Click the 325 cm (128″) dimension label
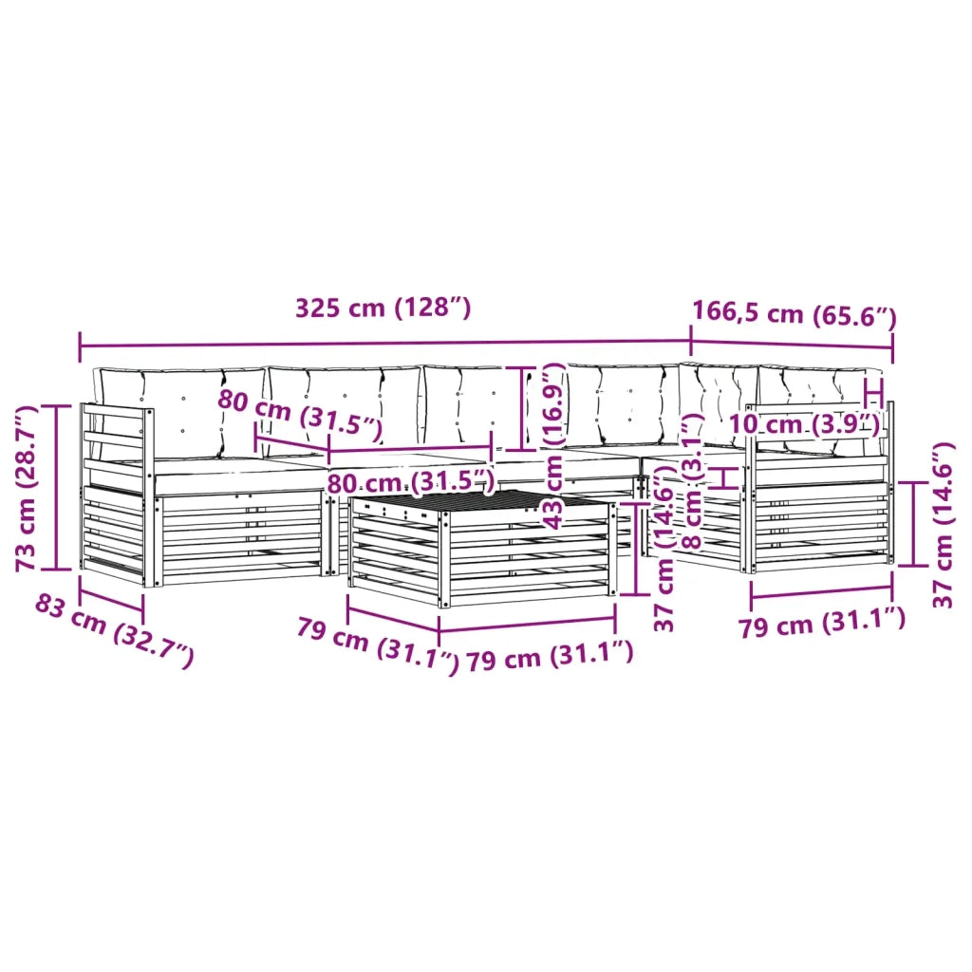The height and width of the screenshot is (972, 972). pyautogui.click(x=383, y=308)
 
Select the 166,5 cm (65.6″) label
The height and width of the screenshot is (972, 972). pyautogui.click(x=794, y=313)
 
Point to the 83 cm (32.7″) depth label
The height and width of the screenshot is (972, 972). pyautogui.click(x=114, y=630)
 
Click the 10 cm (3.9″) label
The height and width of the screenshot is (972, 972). pyautogui.click(x=804, y=424)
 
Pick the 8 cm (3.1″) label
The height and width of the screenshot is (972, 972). pyautogui.click(x=692, y=481)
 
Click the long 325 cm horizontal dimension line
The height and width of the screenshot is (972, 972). pyautogui.click(x=385, y=343)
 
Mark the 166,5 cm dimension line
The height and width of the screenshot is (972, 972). pyautogui.click(x=792, y=344)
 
